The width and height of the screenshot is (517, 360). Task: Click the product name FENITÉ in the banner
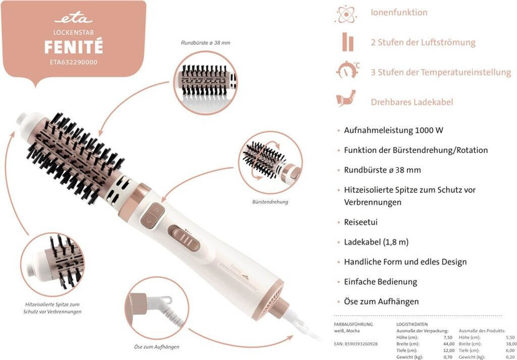click(x=74, y=47)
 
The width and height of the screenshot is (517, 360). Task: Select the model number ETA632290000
click(x=74, y=62)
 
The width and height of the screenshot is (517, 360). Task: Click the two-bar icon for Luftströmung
click(x=347, y=42)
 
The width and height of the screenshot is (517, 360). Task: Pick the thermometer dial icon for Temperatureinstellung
click(x=347, y=70)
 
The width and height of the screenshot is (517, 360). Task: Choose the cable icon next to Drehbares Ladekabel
click(x=346, y=98)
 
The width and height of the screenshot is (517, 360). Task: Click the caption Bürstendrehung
click(x=270, y=202)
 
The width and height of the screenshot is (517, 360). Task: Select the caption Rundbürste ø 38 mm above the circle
click(x=205, y=42)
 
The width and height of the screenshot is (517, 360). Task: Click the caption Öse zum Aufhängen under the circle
click(x=157, y=347)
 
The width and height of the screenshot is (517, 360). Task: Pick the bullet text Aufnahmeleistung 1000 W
click(x=393, y=130)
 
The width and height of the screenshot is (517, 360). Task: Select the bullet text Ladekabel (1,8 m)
click(x=376, y=242)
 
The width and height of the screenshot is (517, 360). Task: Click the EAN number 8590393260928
click(x=356, y=344)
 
